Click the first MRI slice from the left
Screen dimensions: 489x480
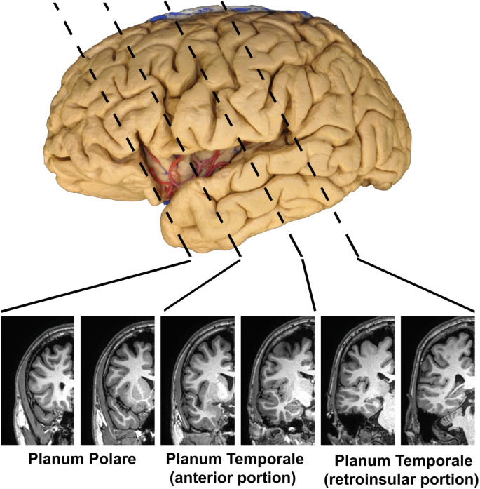pyautogui.click(x=38, y=375)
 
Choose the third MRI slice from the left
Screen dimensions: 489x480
pyautogui.click(x=198, y=375)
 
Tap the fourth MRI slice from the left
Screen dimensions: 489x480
pyautogui.click(x=277, y=375)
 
